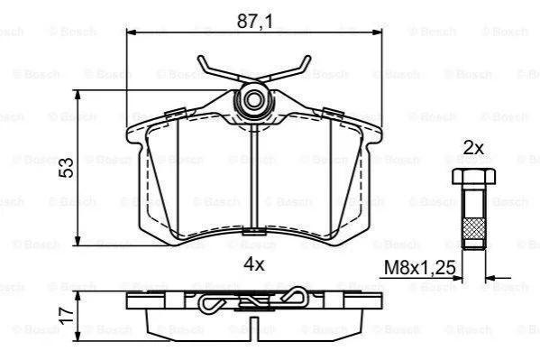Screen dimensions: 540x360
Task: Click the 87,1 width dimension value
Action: point(254,22)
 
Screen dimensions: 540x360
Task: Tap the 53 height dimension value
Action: point(66,168)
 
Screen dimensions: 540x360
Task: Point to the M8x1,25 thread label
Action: point(419,267)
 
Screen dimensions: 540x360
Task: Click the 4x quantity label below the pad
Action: point(254,264)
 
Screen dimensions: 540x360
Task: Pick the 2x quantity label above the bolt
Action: point(473,149)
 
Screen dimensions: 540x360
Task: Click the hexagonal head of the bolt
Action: point(474,176)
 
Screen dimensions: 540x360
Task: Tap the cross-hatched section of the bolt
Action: point(474,228)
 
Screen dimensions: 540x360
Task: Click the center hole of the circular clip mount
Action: point(254,100)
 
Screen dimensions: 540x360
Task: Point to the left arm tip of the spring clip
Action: point(200,59)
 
